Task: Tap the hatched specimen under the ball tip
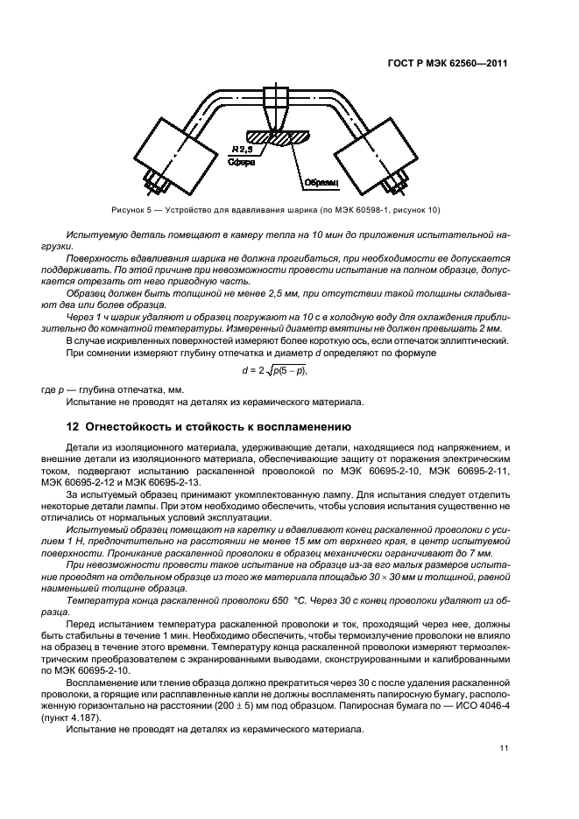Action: (278, 138)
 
